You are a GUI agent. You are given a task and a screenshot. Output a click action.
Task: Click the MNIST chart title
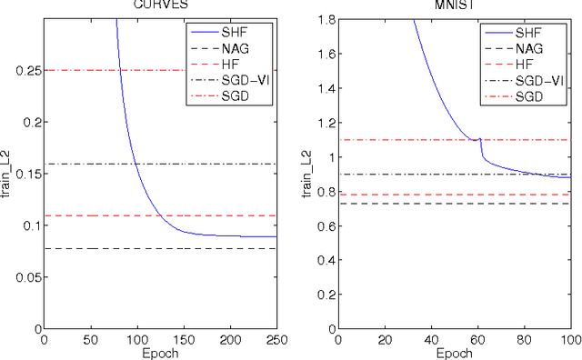454,4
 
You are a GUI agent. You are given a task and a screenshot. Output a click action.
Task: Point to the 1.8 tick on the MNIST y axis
326,18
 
